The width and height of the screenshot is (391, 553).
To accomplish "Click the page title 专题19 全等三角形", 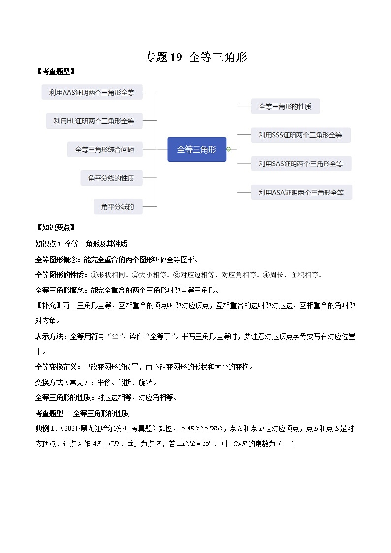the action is tap(195, 58).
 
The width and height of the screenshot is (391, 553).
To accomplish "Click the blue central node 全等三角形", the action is tap(196, 149).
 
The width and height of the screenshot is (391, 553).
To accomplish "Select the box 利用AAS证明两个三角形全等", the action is tap(92, 92).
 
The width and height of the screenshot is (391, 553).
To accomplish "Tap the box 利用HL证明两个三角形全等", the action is tap(94, 121).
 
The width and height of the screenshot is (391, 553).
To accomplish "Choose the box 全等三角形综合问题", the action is tap(104, 149).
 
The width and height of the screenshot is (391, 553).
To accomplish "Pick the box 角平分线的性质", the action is tap(111, 178).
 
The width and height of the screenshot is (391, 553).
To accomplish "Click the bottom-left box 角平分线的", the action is tap(118, 207).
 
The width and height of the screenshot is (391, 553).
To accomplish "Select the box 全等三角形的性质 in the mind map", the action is tap(278, 106).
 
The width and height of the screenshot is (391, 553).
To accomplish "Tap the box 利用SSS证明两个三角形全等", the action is tap(300, 135).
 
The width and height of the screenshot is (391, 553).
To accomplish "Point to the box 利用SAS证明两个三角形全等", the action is tap(301, 163).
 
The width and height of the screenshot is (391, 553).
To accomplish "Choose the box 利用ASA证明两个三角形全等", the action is tap(301, 192).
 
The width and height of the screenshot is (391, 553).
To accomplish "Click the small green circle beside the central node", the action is tap(228, 149).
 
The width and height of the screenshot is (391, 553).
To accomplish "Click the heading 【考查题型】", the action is tap(55, 71).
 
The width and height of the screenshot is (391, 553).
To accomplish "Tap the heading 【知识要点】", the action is tap(55, 228).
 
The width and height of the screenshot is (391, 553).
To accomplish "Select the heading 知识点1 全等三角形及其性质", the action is tap(81, 244).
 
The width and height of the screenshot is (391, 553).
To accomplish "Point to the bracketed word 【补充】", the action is tap(49, 305).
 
